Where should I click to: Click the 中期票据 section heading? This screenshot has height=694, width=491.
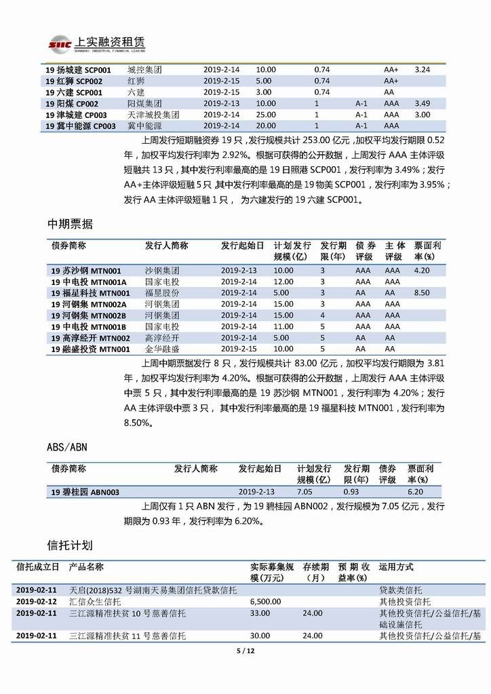point(70,225)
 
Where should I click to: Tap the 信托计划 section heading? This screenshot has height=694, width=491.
point(70,545)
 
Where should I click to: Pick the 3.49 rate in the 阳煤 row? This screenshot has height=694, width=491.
point(422,104)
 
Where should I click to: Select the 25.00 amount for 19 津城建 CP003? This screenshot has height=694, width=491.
point(266,115)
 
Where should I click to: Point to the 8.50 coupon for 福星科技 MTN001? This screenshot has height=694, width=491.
point(422,293)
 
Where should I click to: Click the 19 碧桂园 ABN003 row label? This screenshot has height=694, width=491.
point(85,492)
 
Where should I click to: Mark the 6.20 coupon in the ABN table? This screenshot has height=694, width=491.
point(415,492)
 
